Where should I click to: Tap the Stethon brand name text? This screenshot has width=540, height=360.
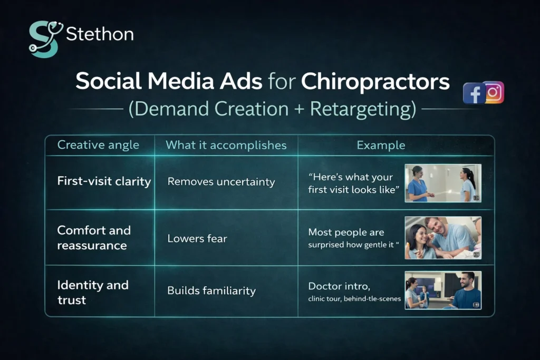100,35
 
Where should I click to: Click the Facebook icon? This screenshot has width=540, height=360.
474,94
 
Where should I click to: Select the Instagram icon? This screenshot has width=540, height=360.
494,92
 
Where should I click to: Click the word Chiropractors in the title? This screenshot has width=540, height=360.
375,82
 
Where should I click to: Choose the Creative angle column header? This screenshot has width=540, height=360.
98,145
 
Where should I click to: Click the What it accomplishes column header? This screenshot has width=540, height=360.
226,145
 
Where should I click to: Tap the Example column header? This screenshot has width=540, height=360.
381,145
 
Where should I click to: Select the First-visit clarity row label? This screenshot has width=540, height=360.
104,181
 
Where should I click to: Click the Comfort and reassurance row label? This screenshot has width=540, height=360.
94,238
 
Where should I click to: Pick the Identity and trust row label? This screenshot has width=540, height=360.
93,293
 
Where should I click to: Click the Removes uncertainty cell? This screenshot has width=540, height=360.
221,182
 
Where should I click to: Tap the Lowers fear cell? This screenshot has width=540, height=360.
197,238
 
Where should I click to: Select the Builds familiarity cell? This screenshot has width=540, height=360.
211,290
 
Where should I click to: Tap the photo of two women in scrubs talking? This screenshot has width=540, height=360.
443,183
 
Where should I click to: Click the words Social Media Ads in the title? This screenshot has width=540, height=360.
169,82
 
